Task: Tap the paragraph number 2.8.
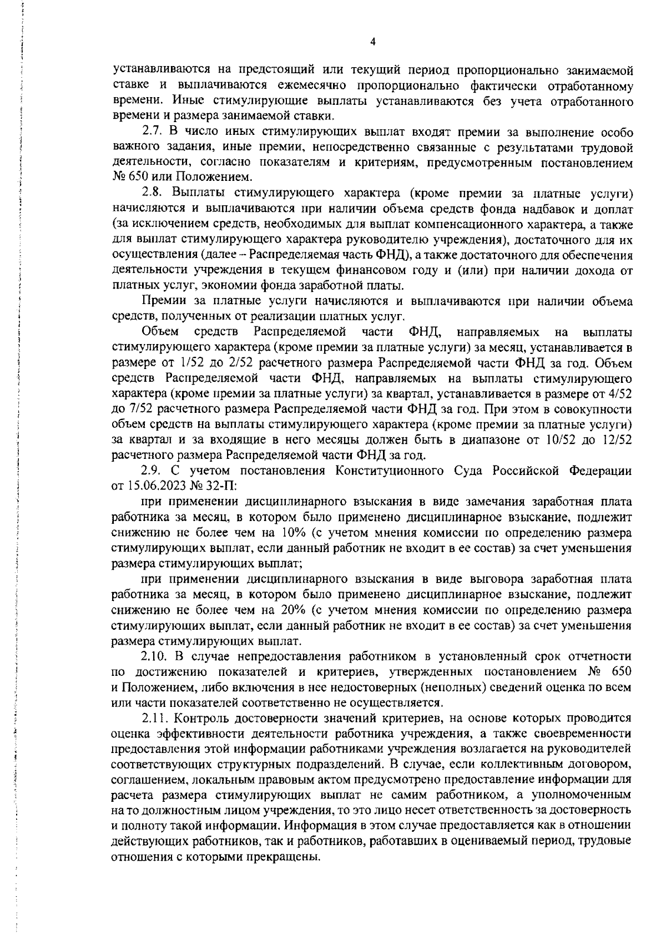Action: [x=152, y=193]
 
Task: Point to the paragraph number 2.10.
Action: [x=155, y=656]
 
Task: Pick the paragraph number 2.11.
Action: [x=155, y=718]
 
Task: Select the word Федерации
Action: [x=601, y=471]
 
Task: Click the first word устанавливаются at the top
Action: [x=160, y=70]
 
